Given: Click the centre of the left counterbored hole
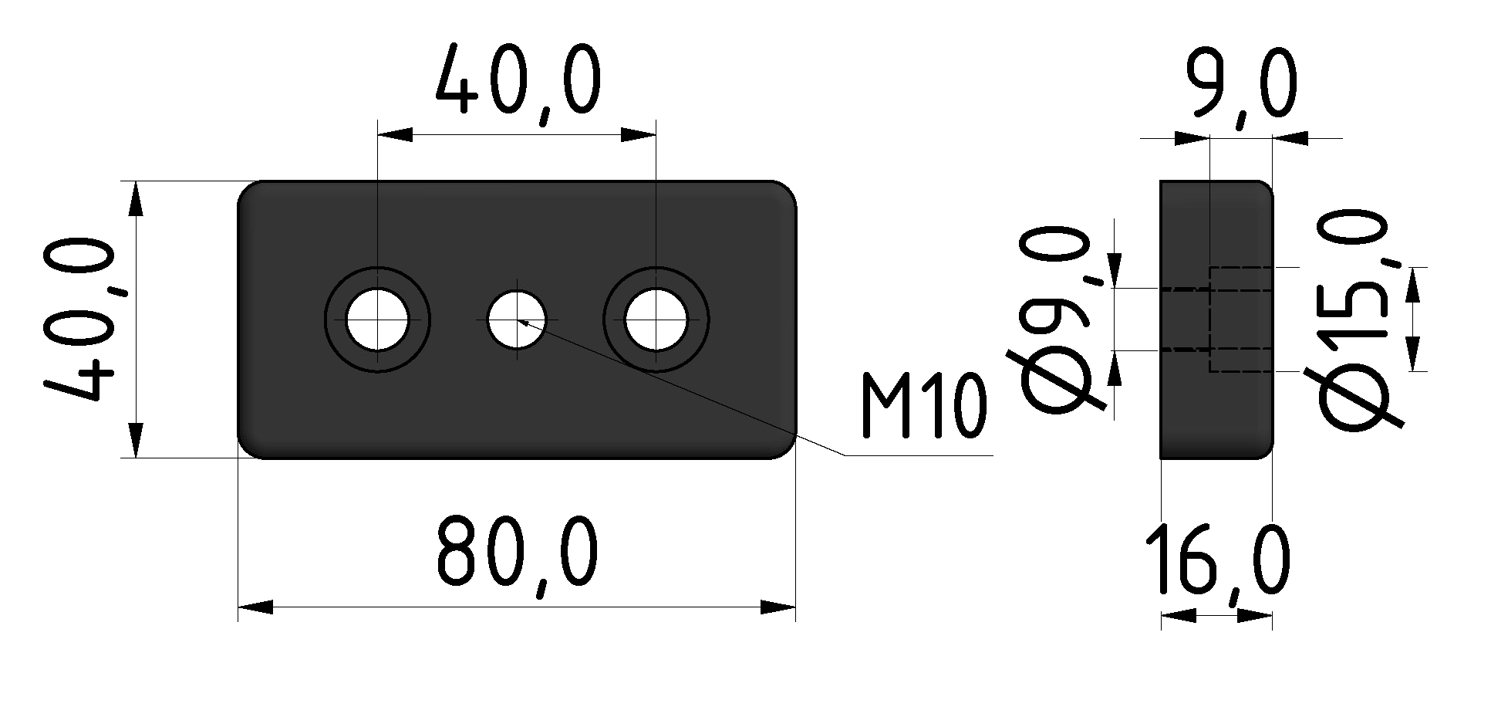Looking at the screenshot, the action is click(377, 320).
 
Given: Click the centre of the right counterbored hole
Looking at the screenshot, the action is click(656, 320).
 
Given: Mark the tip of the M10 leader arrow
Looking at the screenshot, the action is click(519, 320).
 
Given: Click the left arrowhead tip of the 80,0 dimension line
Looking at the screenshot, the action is click(238, 607).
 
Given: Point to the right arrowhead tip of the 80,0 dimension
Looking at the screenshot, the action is click(795, 607).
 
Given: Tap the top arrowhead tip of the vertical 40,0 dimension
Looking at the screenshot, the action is click(136, 181).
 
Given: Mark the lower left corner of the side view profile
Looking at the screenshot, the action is click(1161, 458).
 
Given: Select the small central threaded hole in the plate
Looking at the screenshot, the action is click(517, 320).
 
